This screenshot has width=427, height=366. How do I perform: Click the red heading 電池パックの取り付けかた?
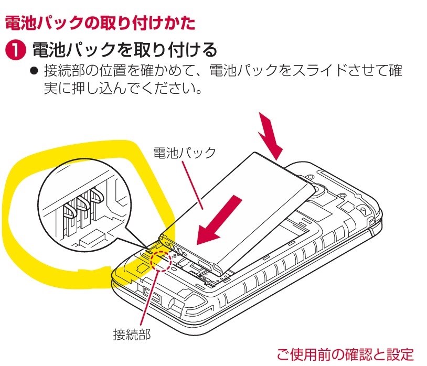pyautogui.click(x=100, y=23)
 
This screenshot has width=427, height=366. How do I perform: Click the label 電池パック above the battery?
pyautogui.click(x=184, y=153)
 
